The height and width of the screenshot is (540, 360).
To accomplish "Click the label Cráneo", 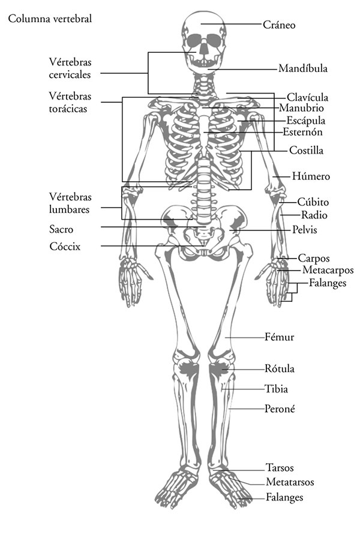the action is click(x=278, y=25).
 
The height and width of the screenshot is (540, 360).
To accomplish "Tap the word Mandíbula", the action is click(x=303, y=68).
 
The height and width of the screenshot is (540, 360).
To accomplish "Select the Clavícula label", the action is click(x=307, y=97).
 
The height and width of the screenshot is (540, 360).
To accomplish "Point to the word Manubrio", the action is click(x=301, y=108).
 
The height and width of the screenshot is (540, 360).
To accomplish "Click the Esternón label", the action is click(x=302, y=132).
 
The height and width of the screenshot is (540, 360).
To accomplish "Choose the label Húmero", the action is click(x=311, y=176).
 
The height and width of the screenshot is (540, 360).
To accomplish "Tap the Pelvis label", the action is click(x=305, y=229).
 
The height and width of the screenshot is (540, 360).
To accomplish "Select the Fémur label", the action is click(x=280, y=337).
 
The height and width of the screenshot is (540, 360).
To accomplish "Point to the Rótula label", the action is click(x=280, y=368).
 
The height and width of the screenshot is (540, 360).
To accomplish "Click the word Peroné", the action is click(x=280, y=409).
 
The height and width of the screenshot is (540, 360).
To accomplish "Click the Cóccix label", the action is click(x=65, y=247).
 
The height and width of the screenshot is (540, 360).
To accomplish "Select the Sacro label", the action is click(x=61, y=229).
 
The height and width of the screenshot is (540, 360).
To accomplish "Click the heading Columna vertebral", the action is click(x=50, y=19).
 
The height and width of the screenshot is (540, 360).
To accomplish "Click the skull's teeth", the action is click(x=204, y=63).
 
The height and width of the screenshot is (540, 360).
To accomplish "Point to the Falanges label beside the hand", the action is click(x=327, y=283).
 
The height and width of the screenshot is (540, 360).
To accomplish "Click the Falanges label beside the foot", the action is click(x=284, y=497).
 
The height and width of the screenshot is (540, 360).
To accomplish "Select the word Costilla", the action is click(x=306, y=150).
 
